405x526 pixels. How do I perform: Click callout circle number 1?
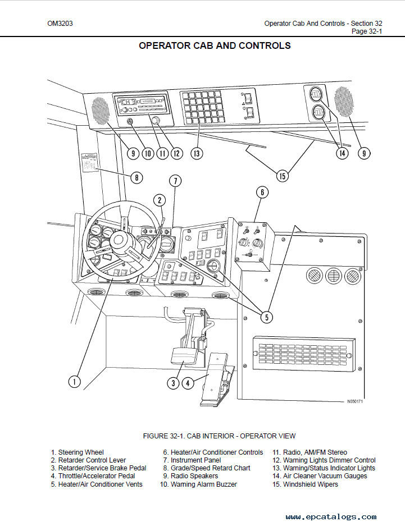[75, 382]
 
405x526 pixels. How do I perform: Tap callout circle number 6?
[262, 193]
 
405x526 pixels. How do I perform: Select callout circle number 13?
[197, 154]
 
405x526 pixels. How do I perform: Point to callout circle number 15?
[282, 176]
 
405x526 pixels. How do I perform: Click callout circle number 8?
[136, 177]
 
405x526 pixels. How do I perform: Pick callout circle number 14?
[342, 153]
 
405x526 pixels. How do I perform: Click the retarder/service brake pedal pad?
[184, 356]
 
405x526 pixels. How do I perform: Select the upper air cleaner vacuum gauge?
[316, 95]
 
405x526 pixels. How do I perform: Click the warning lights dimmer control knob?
[155, 120]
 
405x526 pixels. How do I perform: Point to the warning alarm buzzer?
[130, 122]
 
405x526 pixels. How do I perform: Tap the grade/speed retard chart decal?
[89, 162]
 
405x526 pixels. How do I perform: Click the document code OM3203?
[60, 24]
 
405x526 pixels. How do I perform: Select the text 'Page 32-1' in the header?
[367, 31]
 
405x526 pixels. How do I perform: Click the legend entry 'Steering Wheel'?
[81, 452]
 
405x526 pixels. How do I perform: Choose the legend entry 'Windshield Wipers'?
[311, 484]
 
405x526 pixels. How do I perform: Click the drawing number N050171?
[354, 401]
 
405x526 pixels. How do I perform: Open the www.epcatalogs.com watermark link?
[331, 517]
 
